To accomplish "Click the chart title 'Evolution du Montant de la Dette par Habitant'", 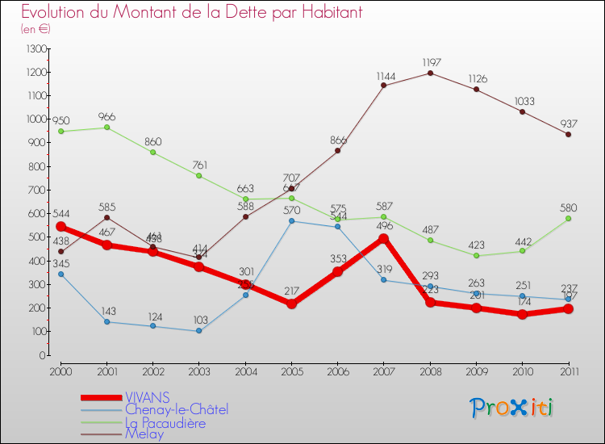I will coord(191,12).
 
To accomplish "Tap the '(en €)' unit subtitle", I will coord(36,29).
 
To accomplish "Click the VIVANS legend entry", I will coord(147,397).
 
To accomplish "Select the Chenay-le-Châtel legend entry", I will coord(177,410).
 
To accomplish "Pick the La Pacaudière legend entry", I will coord(165,422).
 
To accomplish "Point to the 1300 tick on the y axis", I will coord(36,49).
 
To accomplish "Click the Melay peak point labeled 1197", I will coord(430,73).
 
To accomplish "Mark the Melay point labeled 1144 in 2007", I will coord(384,86).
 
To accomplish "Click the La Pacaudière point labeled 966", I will coord(106,128).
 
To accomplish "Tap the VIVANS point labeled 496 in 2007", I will coord(384,238).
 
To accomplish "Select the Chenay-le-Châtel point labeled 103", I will coord(198,331).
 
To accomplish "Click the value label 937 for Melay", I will coord(569,124).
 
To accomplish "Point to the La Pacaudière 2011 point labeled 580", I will coord(569,219).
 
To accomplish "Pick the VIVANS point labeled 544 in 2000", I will coord(60,227).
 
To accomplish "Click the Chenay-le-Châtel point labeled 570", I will coord(291,221).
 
